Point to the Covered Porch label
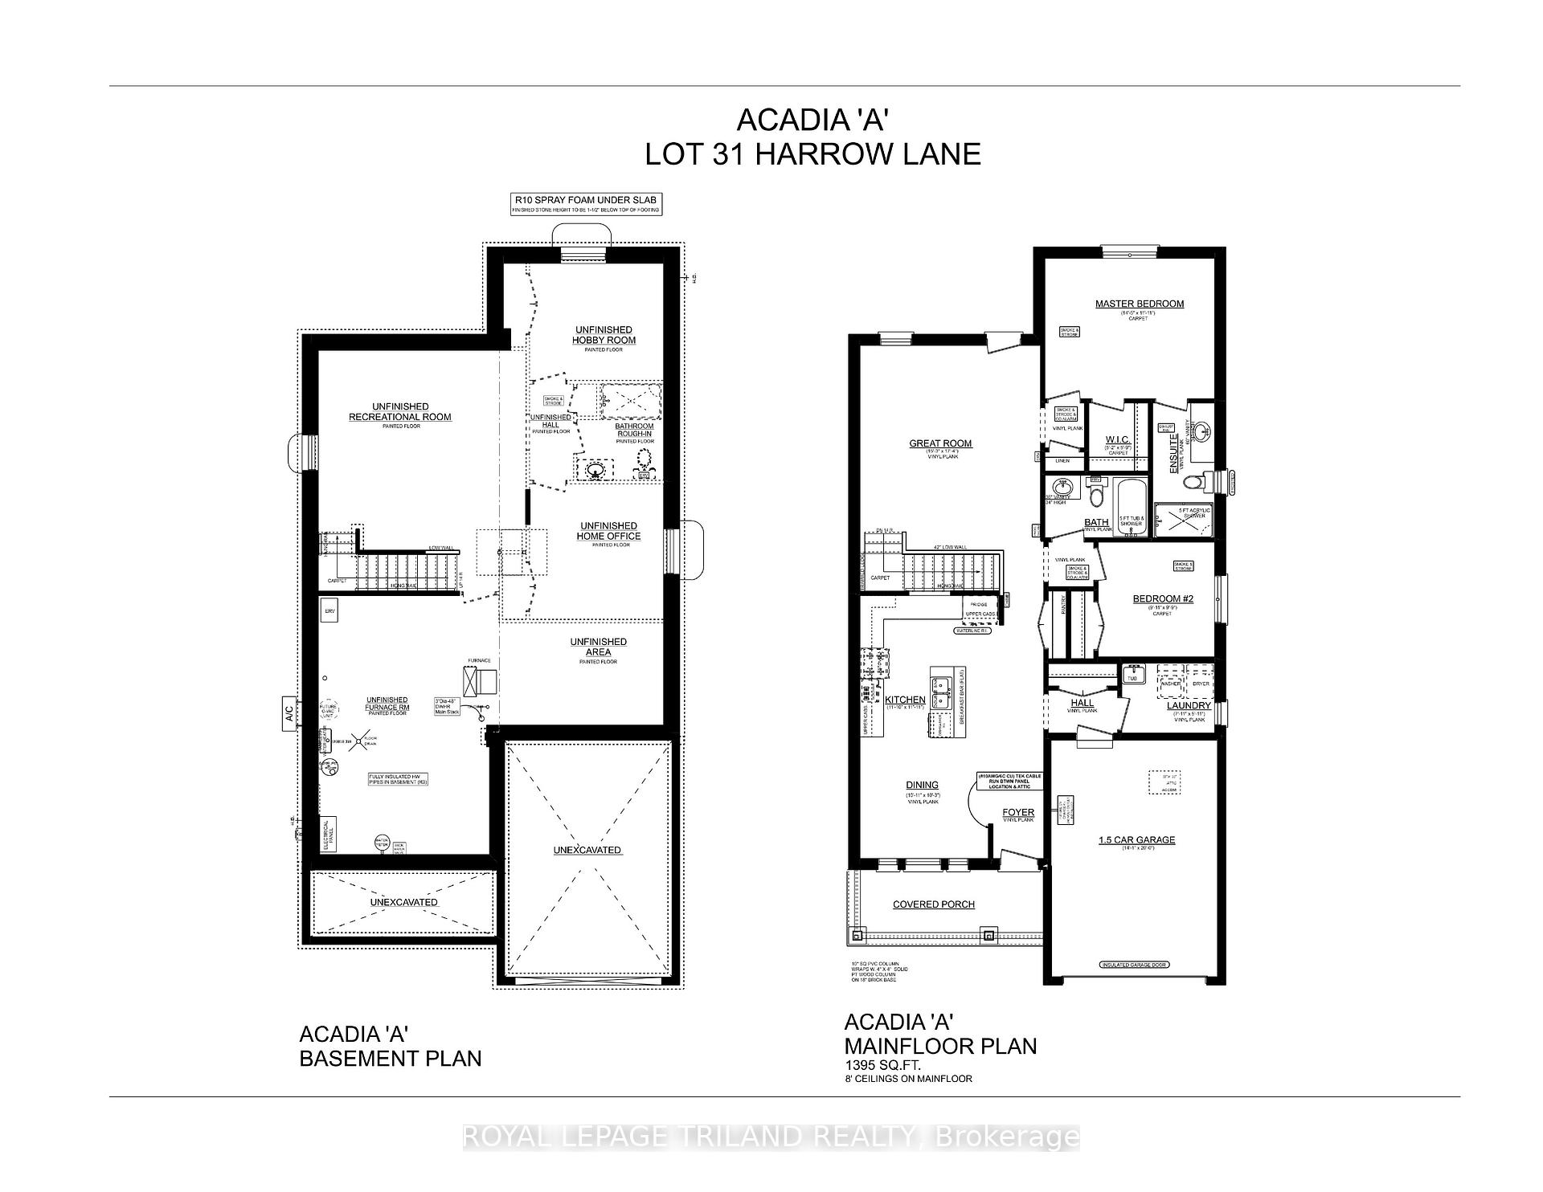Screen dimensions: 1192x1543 coord(933,904)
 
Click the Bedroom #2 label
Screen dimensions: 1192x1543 coord(1162,598)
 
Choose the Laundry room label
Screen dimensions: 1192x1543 coord(1188,705)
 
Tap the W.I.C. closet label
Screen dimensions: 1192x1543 coord(1118,439)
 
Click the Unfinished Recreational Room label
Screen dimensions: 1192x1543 coord(399,411)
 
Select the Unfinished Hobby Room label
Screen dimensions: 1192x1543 coord(604,335)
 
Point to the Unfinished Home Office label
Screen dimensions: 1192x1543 coord(608,531)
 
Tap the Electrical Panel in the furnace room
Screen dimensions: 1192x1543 coord(327,835)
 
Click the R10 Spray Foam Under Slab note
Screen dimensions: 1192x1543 coord(587,200)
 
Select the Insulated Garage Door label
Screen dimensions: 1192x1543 coord(1134,965)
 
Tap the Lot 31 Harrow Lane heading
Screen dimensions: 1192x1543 coord(812,153)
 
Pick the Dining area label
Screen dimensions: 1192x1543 coord(922,786)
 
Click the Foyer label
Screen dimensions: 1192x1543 coord(1017,812)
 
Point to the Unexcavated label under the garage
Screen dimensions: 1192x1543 coord(587,850)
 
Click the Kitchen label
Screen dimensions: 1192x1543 coord(905,700)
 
